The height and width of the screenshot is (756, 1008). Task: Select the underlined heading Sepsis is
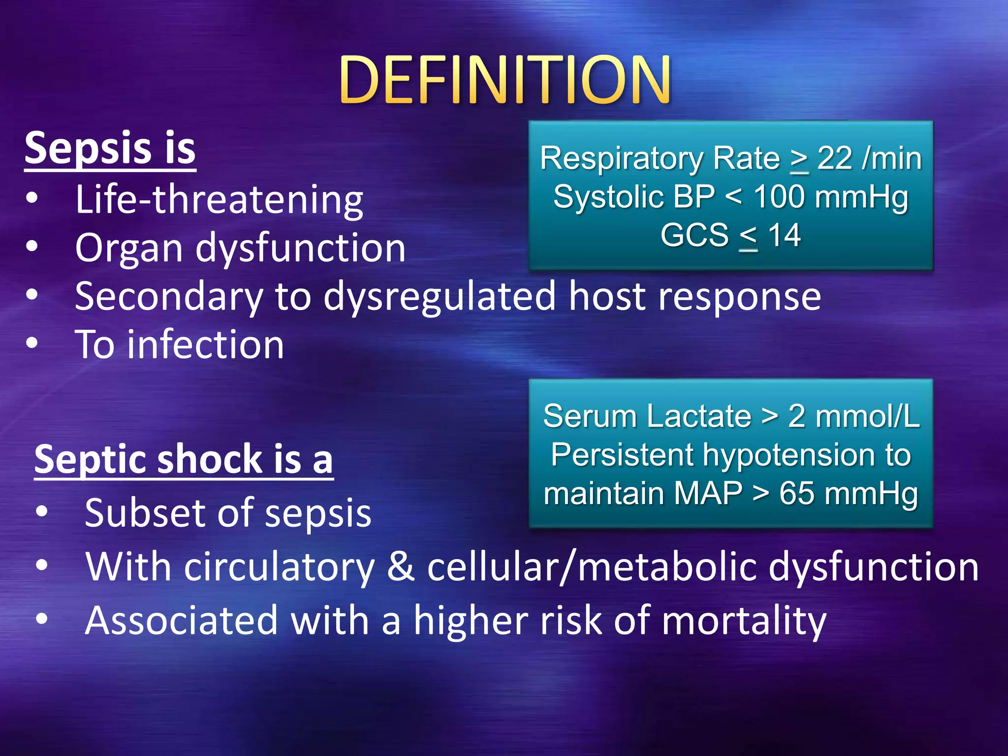(110, 148)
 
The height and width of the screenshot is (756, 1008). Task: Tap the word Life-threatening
(219, 200)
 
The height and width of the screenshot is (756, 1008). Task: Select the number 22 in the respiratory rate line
(835, 158)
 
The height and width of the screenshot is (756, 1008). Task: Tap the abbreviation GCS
(694, 235)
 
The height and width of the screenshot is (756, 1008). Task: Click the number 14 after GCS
(785, 235)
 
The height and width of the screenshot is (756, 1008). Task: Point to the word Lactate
(698, 416)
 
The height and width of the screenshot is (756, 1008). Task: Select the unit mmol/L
(867, 416)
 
